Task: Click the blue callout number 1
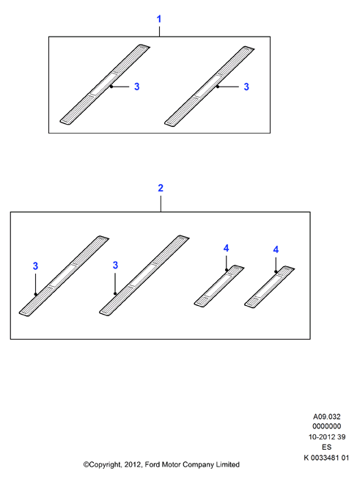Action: [159, 19]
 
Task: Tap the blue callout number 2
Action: [161, 188]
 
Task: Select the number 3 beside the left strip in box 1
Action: [137, 87]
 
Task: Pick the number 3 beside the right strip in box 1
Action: [246, 87]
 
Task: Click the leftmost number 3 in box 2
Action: [35, 266]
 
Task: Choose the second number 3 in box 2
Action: [115, 265]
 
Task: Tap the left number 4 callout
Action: [226, 249]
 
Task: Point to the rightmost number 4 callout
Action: [276, 250]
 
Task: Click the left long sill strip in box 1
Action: [105, 84]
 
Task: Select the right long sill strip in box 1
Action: [210, 87]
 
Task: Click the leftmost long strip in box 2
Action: [64, 276]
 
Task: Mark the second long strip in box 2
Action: [144, 275]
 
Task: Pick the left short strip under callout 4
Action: [219, 286]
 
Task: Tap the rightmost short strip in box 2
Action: [270, 287]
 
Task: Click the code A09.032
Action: [327, 417]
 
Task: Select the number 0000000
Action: [327, 426]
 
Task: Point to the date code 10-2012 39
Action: [327, 437]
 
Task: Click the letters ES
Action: [327, 447]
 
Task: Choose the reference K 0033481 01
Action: [326, 458]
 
